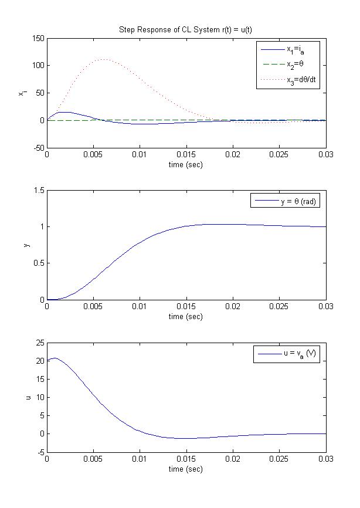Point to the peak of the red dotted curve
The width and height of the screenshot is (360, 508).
(x=103, y=59)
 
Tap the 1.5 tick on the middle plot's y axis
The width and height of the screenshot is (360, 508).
(x=39, y=191)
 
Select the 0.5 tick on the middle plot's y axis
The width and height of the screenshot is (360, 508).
(x=39, y=263)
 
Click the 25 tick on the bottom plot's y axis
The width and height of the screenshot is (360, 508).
(x=39, y=342)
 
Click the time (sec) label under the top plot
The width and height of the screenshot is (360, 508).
(x=186, y=165)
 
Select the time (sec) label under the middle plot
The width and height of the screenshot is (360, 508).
(x=186, y=317)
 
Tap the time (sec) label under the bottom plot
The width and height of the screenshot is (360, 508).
(x=186, y=469)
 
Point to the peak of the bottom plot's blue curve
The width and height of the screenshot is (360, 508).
(x=54, y=358)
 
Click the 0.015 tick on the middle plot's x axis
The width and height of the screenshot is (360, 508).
(x=186, y=307)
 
